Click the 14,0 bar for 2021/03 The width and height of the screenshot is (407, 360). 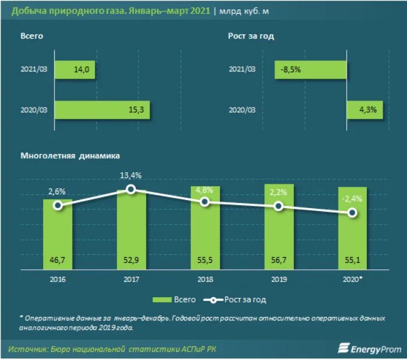click(x=76, y=70)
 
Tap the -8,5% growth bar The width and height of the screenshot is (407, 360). click(x=311, y=70)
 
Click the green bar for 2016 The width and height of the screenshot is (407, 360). click(x=58, y=233)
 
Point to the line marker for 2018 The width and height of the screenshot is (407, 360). click(x=205, y=201)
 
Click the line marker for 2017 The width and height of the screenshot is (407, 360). click(x=131, y=189)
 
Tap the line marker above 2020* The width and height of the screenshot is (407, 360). click(x=352, y=213)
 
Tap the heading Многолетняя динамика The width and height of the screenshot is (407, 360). click(x=70, y=156)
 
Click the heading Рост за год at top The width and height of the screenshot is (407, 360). click(x=251, y=36)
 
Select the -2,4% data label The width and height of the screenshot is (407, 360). click(x=352, y=199)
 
